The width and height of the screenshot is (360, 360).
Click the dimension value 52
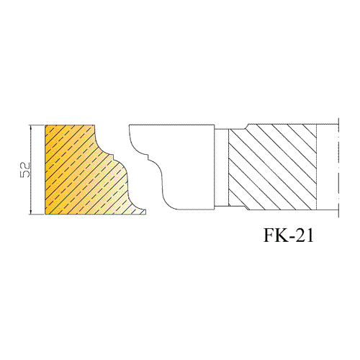click(24, 170)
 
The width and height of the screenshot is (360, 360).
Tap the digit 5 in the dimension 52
click(24, 174)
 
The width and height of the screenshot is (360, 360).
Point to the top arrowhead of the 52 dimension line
click(30, 127)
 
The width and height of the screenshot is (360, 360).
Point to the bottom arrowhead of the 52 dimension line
click(30, 212)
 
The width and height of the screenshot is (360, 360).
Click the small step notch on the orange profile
click(113, 158)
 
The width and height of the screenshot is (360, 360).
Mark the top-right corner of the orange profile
click(94, 125)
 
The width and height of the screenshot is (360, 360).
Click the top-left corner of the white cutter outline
click(129, 125)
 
